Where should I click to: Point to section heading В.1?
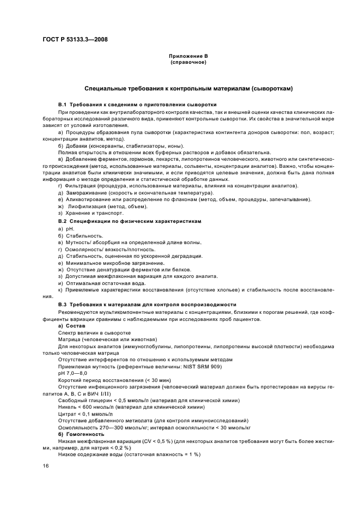coord(137,104)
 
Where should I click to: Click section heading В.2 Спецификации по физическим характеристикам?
coord(130,222)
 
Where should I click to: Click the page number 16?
coord(46,465)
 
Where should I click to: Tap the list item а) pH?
coord(66,229)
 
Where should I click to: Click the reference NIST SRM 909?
coord(202,366)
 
